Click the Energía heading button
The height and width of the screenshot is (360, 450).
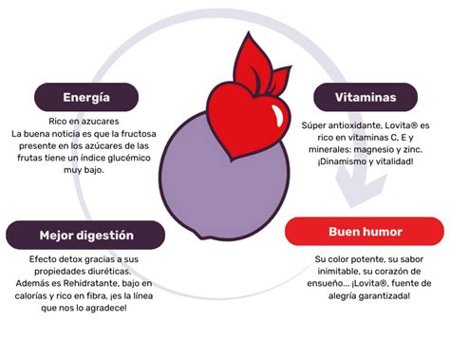coord(86,97)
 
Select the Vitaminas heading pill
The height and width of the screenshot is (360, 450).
coord(366,97)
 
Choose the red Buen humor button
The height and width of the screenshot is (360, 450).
coord(366,232)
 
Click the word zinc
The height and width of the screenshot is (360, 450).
coord(413,149)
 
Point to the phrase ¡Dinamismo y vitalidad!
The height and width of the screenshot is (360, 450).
coord(365,161)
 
